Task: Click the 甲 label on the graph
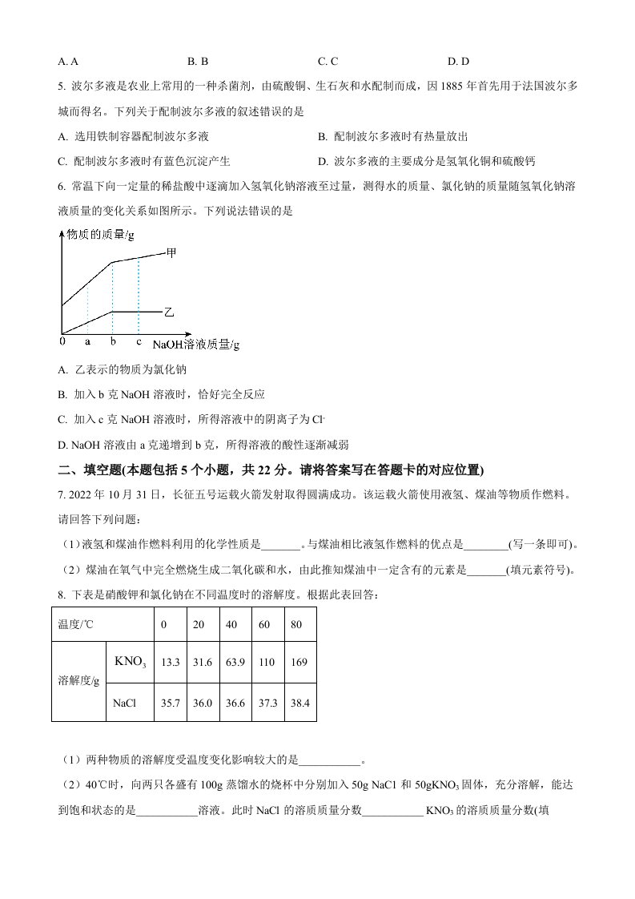(x=171, y=252)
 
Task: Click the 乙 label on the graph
(x=169, y=309)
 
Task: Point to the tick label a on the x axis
(x=87, y=341)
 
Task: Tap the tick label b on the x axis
(x=113, y=341)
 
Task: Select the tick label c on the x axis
(x=139, y=341)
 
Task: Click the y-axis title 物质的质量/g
(x=100, y=234)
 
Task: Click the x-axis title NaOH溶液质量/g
(x=196, y=345)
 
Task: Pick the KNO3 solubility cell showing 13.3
(x=170, y=662)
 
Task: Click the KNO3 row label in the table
(x=130, y=662)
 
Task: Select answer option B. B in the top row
(x=198, y=61)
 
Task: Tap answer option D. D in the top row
(x=458, y=61)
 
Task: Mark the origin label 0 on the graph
(x=62, y=341)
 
